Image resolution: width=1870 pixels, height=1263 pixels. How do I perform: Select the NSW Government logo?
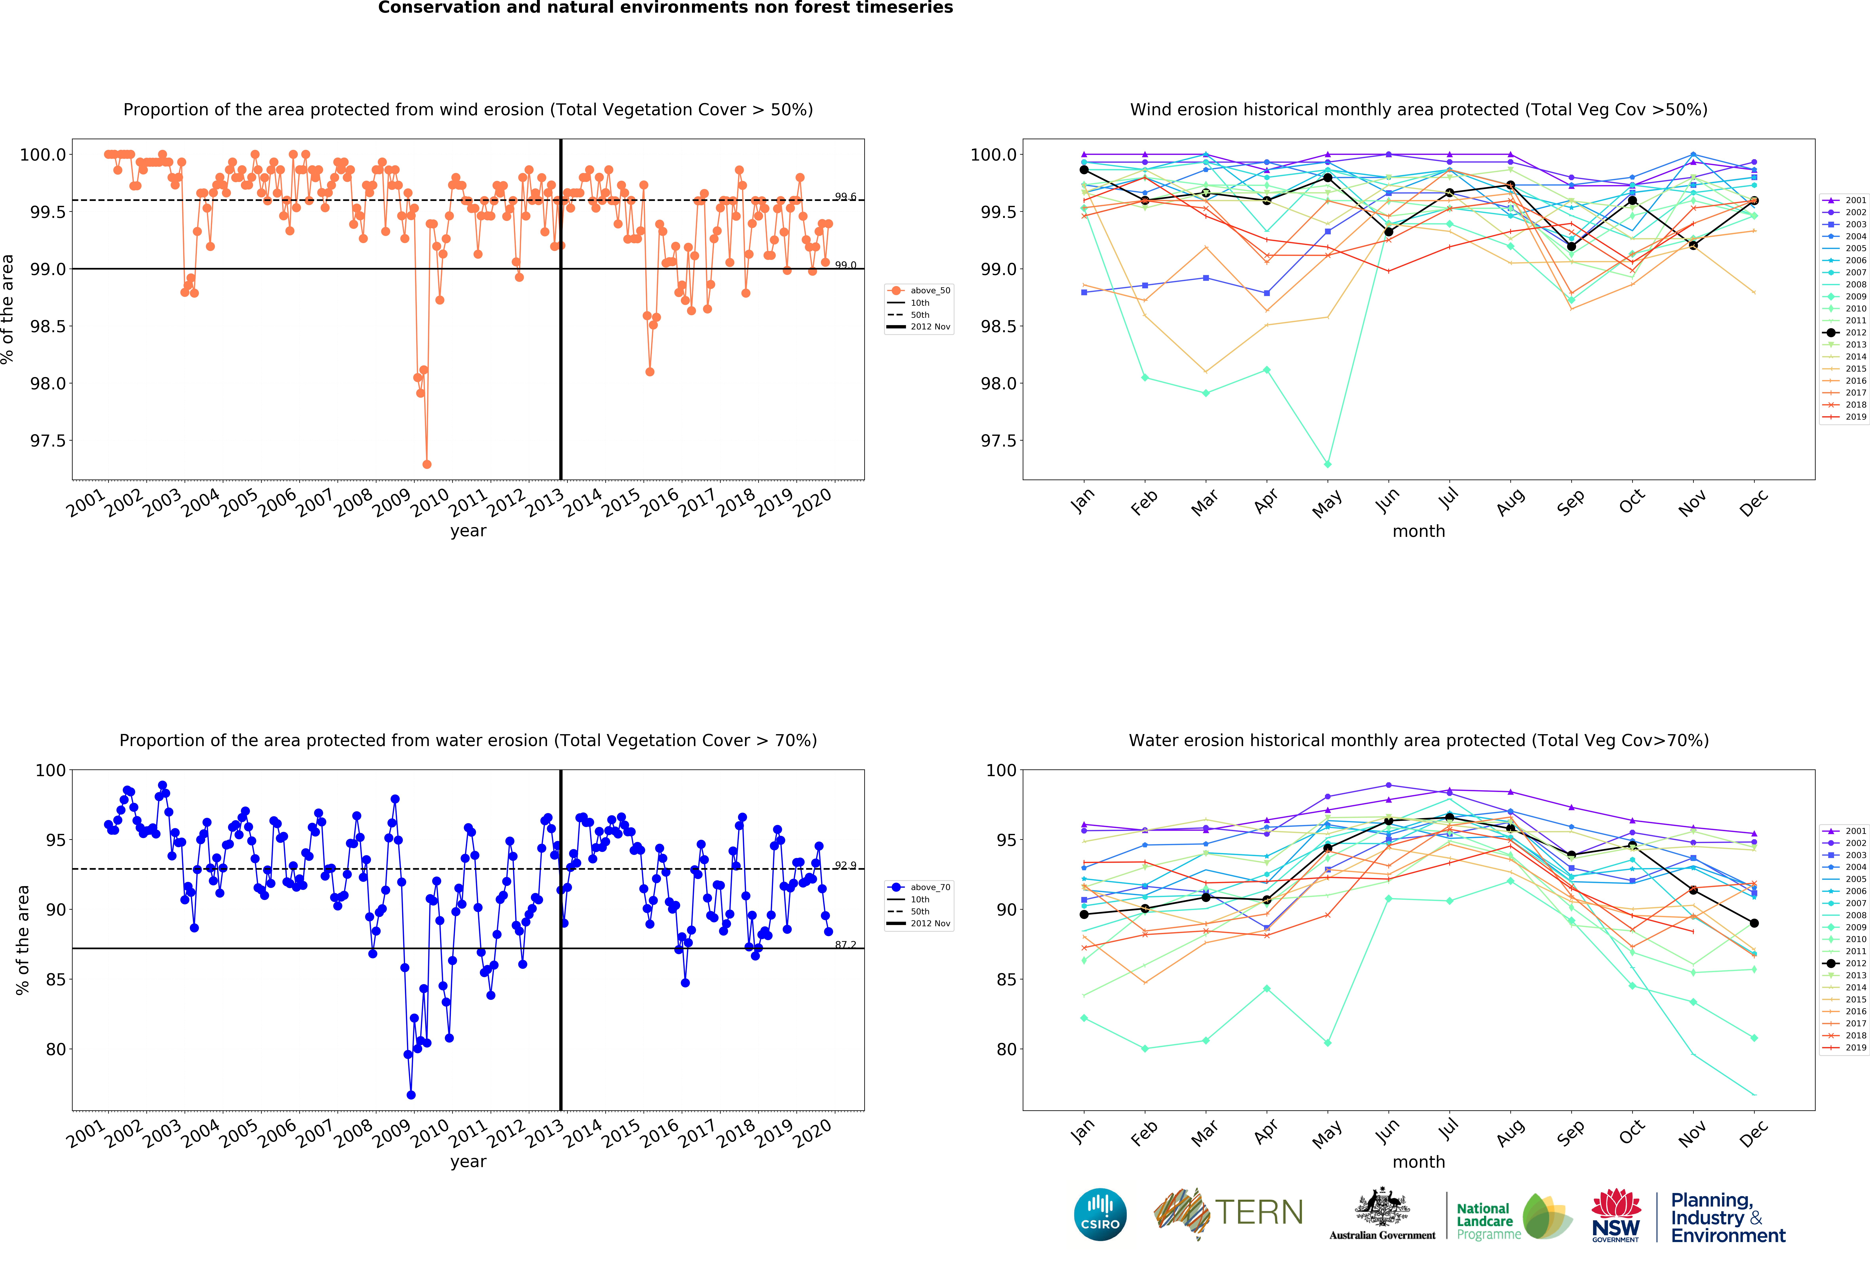(x=1616, y=1215)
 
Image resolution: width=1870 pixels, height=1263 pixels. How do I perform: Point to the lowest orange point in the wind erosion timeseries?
(x=427, y=464)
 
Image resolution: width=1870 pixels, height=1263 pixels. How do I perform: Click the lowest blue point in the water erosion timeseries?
(x=411, y=1095)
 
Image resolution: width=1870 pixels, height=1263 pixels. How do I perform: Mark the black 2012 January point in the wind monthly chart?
(x=1084, y=170)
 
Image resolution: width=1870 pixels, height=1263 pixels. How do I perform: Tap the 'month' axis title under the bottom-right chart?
(x=1419, y=1162)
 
